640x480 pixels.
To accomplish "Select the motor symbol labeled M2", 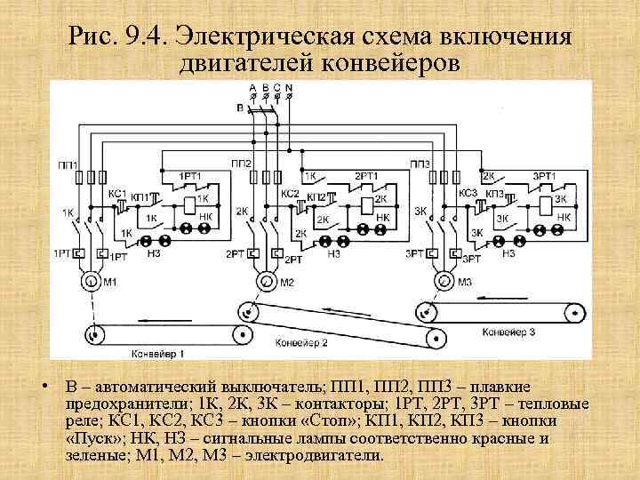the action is (x=265, y=282).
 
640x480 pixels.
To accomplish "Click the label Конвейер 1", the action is (x=158, y=353).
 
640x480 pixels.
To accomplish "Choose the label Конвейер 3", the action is (x=508, y=332).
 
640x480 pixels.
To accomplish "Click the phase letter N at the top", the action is (x=288, y=87).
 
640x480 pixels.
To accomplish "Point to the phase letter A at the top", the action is (x=253, y=87).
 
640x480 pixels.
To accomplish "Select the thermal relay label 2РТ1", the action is (x=366, y=176).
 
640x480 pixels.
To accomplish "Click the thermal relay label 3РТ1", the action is (x=545, y=176).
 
